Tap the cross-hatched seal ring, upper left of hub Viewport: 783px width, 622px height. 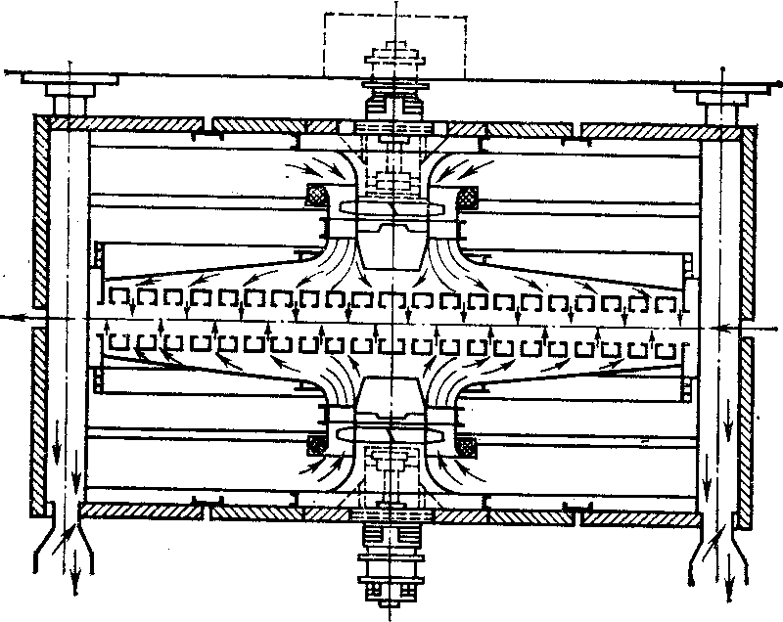(x=319, y=195)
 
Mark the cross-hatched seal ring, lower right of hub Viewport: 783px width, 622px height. (x=469, y=445)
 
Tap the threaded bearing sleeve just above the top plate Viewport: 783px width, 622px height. (x=395, y=99)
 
